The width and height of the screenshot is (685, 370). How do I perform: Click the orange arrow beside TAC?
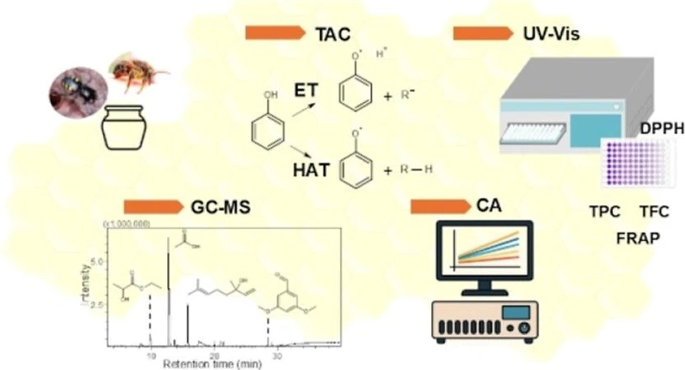click(x=275, y=33)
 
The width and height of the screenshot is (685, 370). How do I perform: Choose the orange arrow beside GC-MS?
click(x=154, y=207)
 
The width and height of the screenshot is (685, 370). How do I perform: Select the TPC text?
click(x=605, y=211)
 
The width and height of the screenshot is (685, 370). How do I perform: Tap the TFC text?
click(x=654, y=211)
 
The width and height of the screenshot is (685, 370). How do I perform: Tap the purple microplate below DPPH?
click(x=636, y=163)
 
